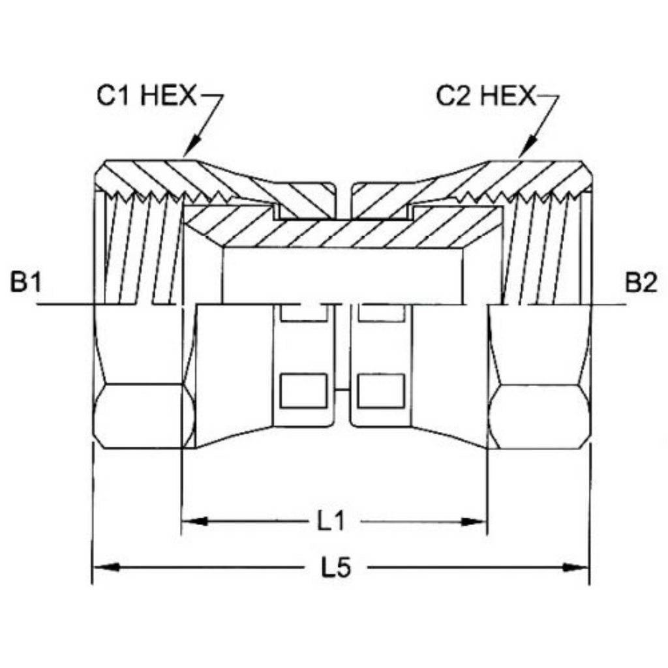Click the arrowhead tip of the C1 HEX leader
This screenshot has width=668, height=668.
[184, 157]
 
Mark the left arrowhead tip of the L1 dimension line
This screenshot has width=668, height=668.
[183, 521]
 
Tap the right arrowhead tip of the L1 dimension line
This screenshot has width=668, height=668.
[487, 521]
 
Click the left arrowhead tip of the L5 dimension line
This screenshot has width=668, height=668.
[93, 568]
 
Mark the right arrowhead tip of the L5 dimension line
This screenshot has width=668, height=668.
[590, 568]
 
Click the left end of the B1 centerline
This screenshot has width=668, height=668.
[37, 304]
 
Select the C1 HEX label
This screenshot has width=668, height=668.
[147, 95]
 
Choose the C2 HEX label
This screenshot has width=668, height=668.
[485, 95]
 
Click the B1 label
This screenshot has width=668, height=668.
[26, 283]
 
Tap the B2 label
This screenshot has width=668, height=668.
[641, 283]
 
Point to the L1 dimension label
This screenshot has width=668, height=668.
[331, 522]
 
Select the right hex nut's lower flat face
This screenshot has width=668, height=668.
[539, 416]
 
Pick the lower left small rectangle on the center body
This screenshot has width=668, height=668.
[303, 390]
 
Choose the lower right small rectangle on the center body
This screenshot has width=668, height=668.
[380, 390]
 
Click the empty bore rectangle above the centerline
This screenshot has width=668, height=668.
[342, 276]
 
